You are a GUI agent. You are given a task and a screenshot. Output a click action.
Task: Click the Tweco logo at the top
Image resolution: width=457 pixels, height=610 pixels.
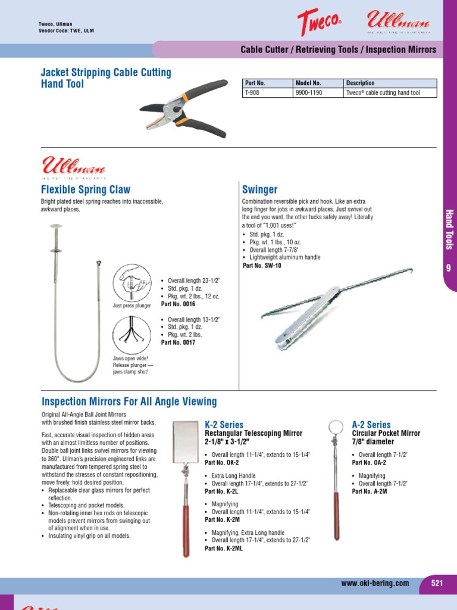click(319, 24)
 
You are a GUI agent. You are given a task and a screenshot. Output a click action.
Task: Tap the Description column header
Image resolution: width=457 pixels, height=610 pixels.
click(360, 83)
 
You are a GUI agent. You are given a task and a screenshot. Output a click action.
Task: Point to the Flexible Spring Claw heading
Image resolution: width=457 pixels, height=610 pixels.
click(85, 189)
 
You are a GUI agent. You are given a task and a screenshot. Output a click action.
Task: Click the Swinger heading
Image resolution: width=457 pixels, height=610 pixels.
click(259, 189)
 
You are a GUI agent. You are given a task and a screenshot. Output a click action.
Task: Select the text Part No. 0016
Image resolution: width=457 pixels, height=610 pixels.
click(178, 304)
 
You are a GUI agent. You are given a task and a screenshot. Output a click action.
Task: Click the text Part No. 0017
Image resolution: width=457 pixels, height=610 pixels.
click(178, 343)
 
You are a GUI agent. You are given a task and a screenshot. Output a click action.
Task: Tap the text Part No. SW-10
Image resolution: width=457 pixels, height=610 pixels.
click(262, 266)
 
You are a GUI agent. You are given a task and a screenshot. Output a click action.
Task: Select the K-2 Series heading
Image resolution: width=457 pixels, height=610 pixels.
click(224, 425)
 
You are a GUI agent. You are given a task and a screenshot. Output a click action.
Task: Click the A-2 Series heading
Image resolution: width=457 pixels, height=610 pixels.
click(371, 425)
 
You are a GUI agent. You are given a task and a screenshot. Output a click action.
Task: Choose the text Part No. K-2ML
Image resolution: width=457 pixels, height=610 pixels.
click(224, 549)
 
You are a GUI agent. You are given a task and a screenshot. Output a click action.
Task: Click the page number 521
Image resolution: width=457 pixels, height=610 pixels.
click(437, 583)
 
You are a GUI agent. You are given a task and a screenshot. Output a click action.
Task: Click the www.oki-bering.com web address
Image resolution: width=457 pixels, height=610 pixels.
click(375, 583)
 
